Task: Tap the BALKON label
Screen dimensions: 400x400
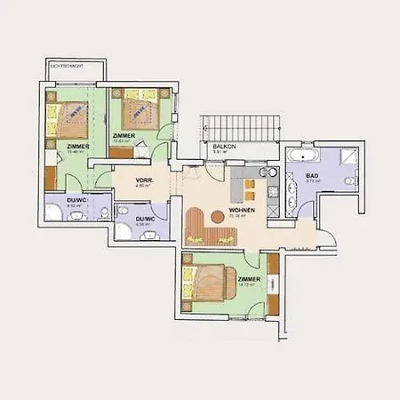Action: tap(223, 146)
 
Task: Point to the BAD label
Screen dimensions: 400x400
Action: tap(311, 175)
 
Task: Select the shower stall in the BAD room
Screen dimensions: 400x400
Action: tap(348, 157)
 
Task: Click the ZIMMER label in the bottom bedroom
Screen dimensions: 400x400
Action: tap(249, 278)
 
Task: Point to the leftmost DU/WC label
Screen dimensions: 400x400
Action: tap(75, 200)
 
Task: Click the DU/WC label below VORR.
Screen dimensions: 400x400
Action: tap(146, 219)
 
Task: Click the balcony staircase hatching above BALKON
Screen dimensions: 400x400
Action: tap(240, 127)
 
